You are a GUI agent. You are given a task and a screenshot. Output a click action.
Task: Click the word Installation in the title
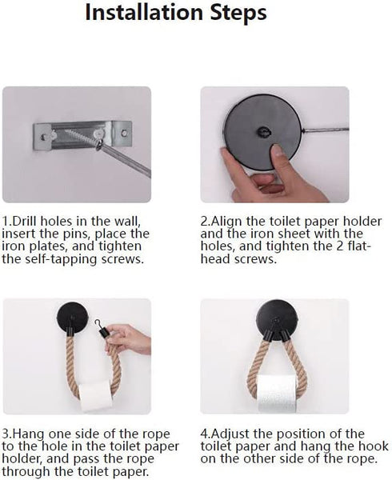[x=144, y=12]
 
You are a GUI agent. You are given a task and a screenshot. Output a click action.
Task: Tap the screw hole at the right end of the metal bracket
[x=125, y=133]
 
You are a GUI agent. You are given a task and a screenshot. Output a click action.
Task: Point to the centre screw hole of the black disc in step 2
[x=263, y=132]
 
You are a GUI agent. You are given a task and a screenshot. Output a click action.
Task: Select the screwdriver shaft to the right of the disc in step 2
[x=326, y=130]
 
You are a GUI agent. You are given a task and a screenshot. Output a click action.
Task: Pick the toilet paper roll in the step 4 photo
[x=278, y=394]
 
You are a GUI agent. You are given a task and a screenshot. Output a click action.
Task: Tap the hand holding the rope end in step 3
[x=129, y=339]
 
